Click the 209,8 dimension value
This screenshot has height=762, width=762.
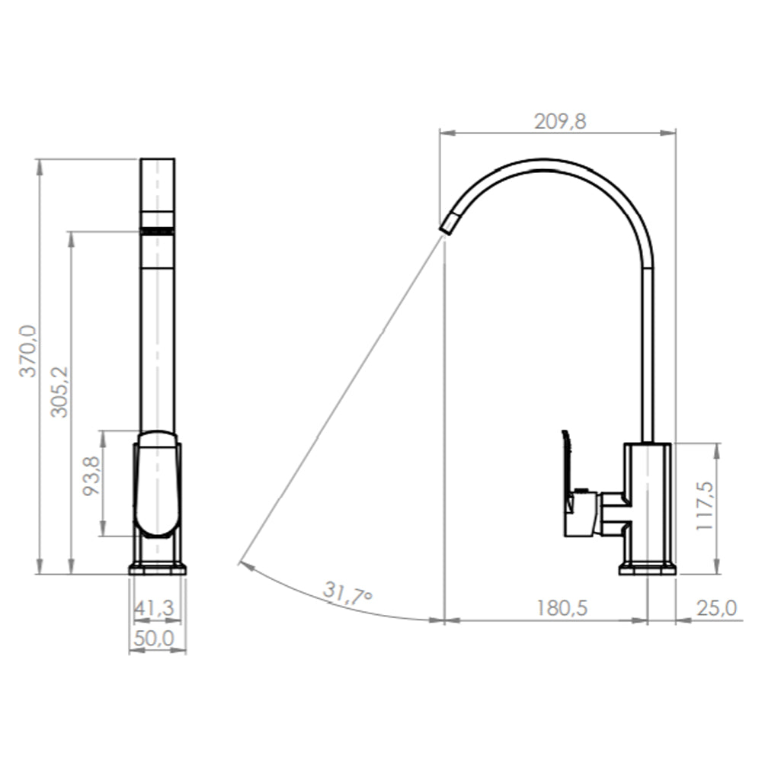click(x=560, y=121)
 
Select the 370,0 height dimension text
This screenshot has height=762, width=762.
click(x=27, y=351)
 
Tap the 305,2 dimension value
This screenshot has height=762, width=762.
click(x=60, y=392)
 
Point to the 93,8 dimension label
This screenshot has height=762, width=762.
click(x=91, y=475)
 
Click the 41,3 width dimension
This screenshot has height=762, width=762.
click(x=154, y=608)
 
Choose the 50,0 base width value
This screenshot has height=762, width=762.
click(x=154, y=639)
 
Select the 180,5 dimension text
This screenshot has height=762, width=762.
click(x=562, y=608)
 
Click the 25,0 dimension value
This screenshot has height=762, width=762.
click(x=717, y=608)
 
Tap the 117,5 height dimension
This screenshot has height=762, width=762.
click(x=705, y=506)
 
